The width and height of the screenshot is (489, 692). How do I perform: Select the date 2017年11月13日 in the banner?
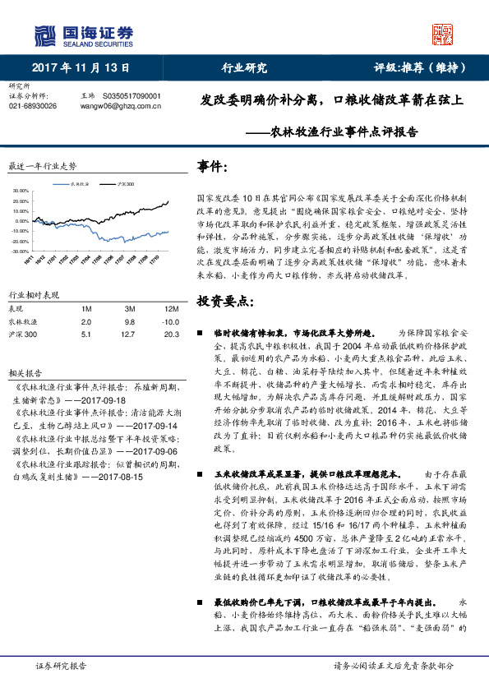(x=76, y=68)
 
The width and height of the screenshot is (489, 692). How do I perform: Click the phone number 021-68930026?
(x=33, y=106)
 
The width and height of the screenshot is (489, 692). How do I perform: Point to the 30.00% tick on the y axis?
(x=20, y=190)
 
